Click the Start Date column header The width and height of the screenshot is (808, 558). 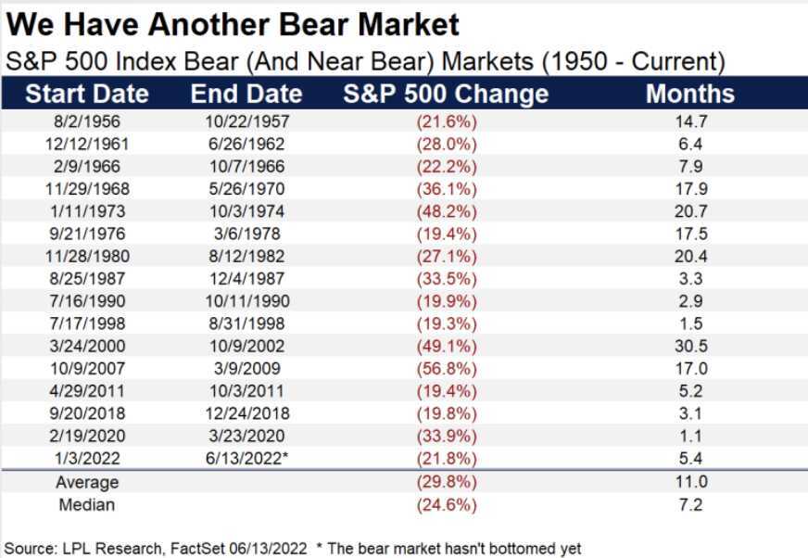coord(87,95)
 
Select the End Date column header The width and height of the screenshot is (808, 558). coord(246,95)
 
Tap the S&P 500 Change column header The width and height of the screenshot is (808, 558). coord(446,95)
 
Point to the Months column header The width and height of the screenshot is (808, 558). coord(689,95)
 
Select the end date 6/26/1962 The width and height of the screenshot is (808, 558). coord(246,144)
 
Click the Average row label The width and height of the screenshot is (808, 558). coord(87,483)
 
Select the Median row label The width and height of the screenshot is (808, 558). coord(87,504)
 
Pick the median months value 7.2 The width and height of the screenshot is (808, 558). coord(690,504)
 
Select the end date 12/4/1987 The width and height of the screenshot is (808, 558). coord(246,277)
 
